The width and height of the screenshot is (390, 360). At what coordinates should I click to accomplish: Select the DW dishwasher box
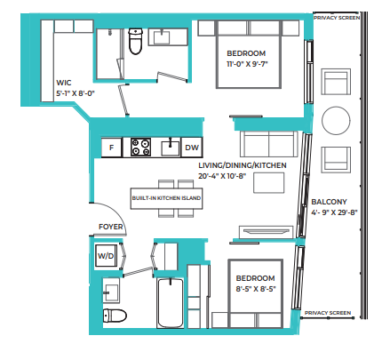pyautogui.click(x=192, y=148)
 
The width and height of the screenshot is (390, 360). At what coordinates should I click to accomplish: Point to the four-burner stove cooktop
pyautogui.click(x=141, y=148)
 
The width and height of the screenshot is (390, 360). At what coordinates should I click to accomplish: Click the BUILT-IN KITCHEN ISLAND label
pyautogui.click(x=165, y=198)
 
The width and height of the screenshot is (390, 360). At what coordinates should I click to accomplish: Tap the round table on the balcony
pyautogui.click(x=337, y=121)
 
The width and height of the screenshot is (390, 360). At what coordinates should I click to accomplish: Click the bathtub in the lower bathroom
pyautogui.click(x=169, y=305)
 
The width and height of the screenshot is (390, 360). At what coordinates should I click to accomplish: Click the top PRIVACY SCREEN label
pyautogui.click(x=336, y=16)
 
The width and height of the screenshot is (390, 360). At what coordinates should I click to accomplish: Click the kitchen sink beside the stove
pyautogui.click(x=166, y=146)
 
